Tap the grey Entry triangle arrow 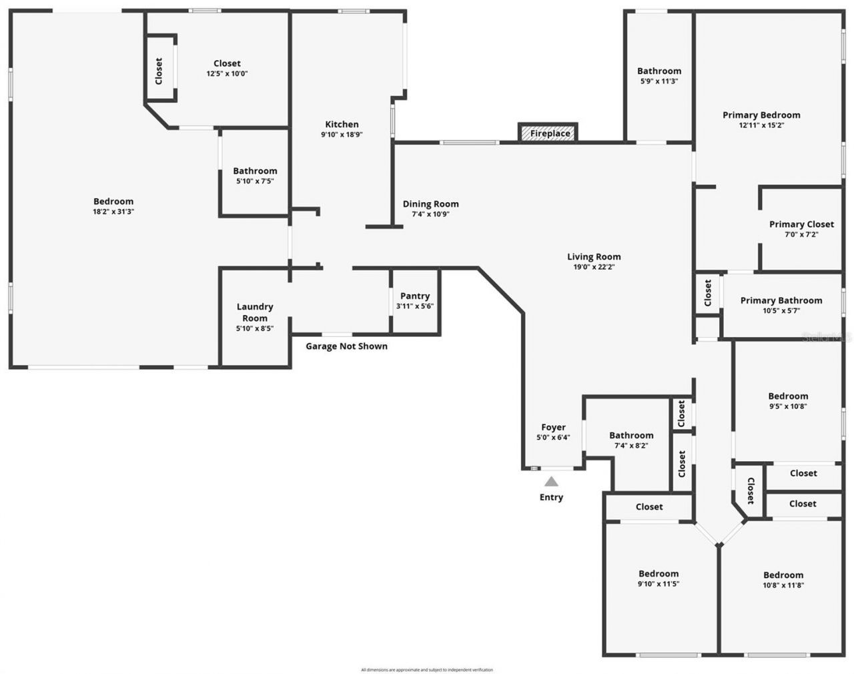[x=551, y=482]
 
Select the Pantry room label [x=415, y=296]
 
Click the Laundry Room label [x=255, y=312]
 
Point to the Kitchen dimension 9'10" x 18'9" [x=342, y=135]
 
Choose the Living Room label [x=594, y=256]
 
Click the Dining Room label [x=430, y=204]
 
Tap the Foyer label [x=553, y=427]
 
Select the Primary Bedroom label [x=761, y=115]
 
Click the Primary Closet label [x=801, y=224]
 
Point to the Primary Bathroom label [x=781, y=300]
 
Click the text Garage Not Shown [x=346, y=346]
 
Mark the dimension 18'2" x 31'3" [x=113, y=212]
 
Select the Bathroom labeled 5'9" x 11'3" [x=659, y=71]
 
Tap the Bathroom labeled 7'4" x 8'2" [x=631, y=435]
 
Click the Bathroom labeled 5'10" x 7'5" [x=255, y=171]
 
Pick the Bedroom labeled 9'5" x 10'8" [x=788, y=396]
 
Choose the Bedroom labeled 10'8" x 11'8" [x=783, y=575]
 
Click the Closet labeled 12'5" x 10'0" [x=227, y=63]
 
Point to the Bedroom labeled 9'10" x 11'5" [x=659, y=573]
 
